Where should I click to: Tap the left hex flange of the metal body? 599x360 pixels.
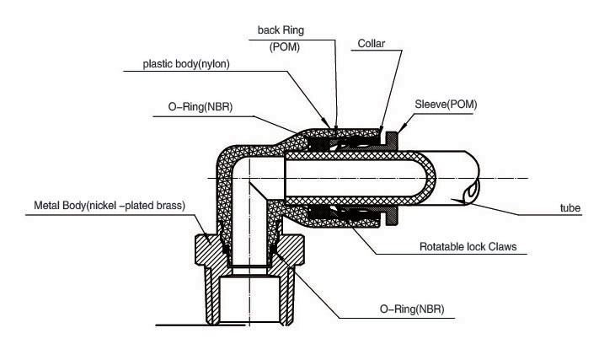pos(209,248)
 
